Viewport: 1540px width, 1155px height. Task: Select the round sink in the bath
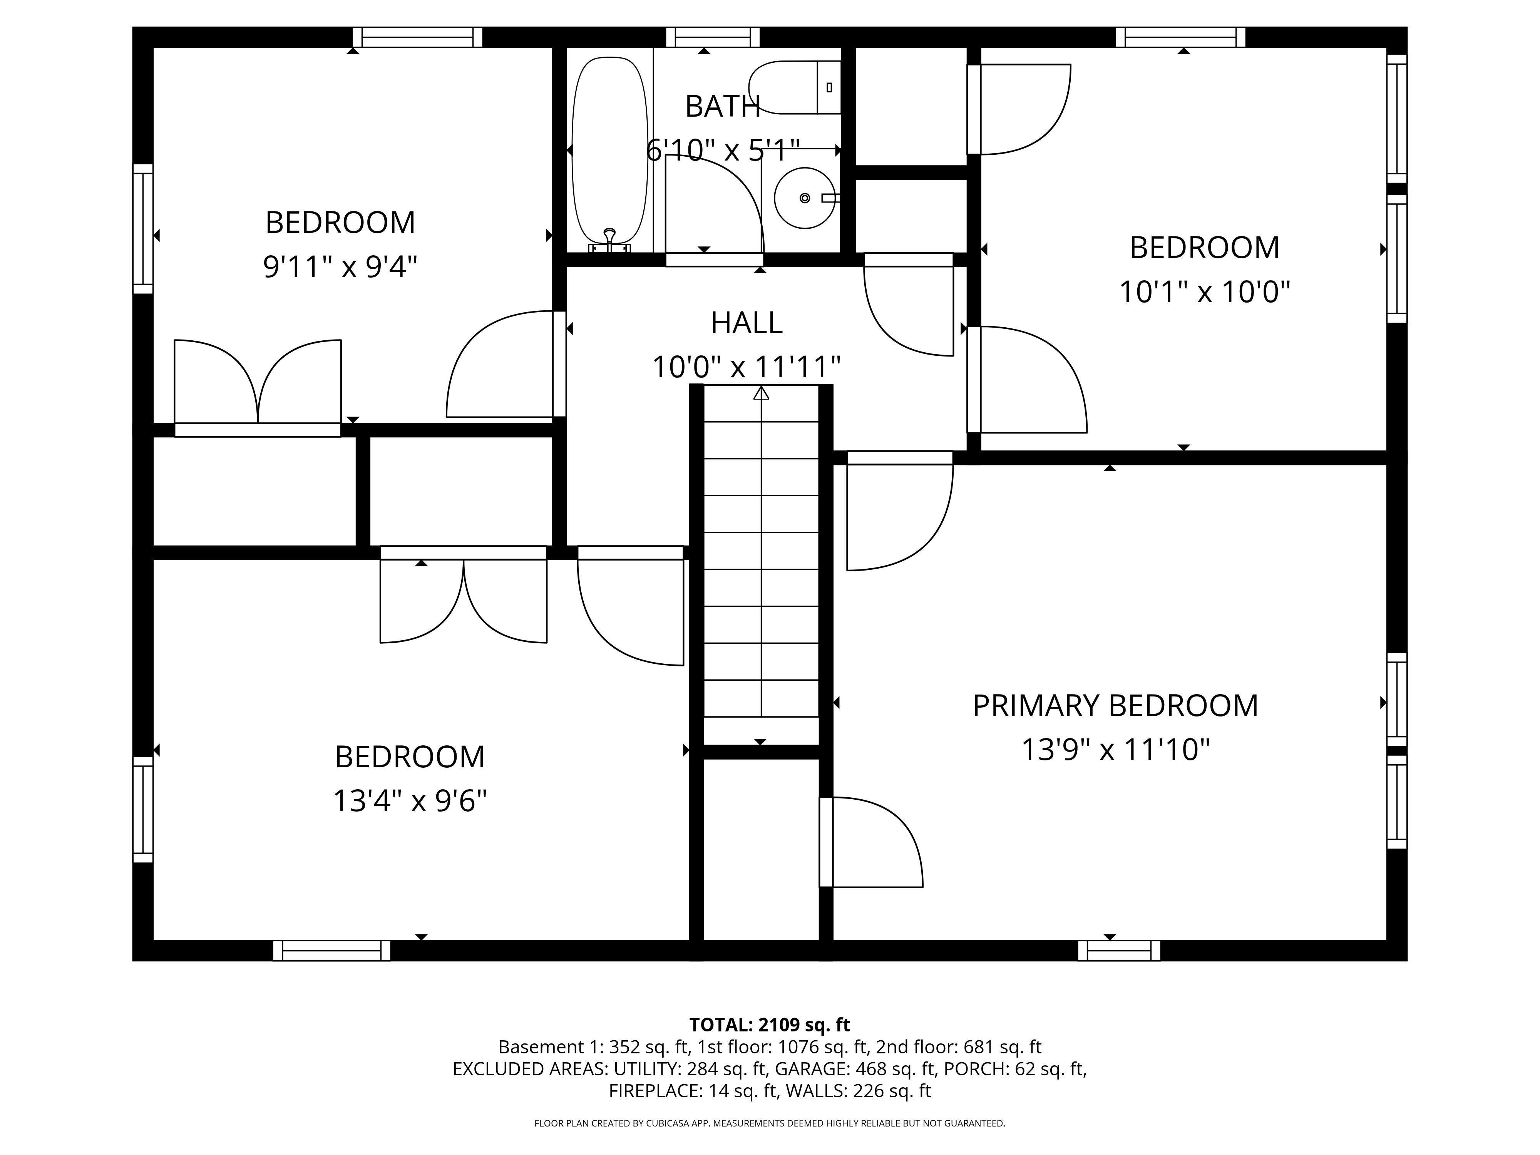click(805, 198)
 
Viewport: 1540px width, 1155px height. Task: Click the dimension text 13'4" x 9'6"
click(409, 801)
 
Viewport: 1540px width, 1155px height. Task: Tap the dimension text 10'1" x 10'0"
click(1204, 292)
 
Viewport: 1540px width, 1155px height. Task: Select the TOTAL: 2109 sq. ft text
click(769, 1025)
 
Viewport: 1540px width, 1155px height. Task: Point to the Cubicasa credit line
click(769, 1123)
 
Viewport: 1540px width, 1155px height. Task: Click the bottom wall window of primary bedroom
click(1119, 951)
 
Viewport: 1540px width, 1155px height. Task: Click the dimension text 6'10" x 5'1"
click(723, 151)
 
